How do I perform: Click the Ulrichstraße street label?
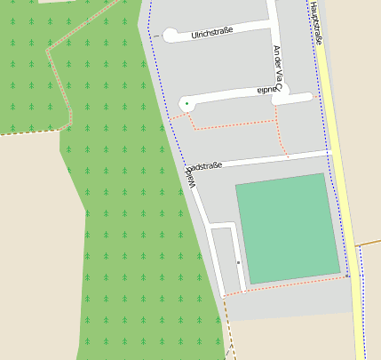[212, 32]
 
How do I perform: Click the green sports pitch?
[287, 228]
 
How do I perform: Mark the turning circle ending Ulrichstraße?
[171, 36]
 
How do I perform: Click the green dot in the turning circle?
[187, 104]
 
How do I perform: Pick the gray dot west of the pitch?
[239, 263]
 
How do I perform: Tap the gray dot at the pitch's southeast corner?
[346, 276]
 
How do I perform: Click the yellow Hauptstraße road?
[341, 178]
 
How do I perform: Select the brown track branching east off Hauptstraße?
[369, 241]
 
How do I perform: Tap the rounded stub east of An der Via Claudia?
[305, 97]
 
